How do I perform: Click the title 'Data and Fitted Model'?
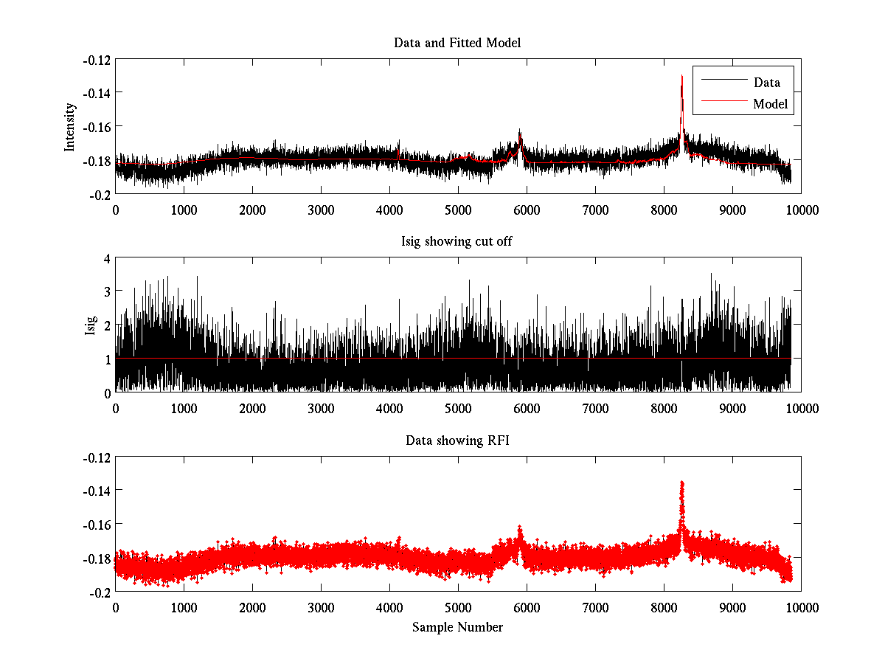click(x=457, y=43)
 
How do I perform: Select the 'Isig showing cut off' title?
click(x=457, y=242)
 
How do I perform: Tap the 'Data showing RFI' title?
click(x=457, y=440)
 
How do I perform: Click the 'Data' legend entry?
click(x=766, y=82)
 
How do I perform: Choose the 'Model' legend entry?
click(x=770, y=104)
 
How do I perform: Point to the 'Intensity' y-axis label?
click(x=70, y=126)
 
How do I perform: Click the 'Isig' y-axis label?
click(x=91, y=325)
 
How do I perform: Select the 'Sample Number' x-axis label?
click(x=457, y=627)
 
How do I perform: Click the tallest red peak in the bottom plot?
click(x=682, y=483)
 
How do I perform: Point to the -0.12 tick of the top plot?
click(x=96, y=60)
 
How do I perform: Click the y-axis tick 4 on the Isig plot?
click(x=106, y=259)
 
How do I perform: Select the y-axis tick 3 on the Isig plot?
click(x=106, y=292)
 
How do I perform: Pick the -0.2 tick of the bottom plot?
click(x=100, y=592)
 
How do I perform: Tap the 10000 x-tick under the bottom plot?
click(x=801, y=608)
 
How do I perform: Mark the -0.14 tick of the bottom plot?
click(x=96, y=491)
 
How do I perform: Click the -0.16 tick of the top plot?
click(x=96, y=127)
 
